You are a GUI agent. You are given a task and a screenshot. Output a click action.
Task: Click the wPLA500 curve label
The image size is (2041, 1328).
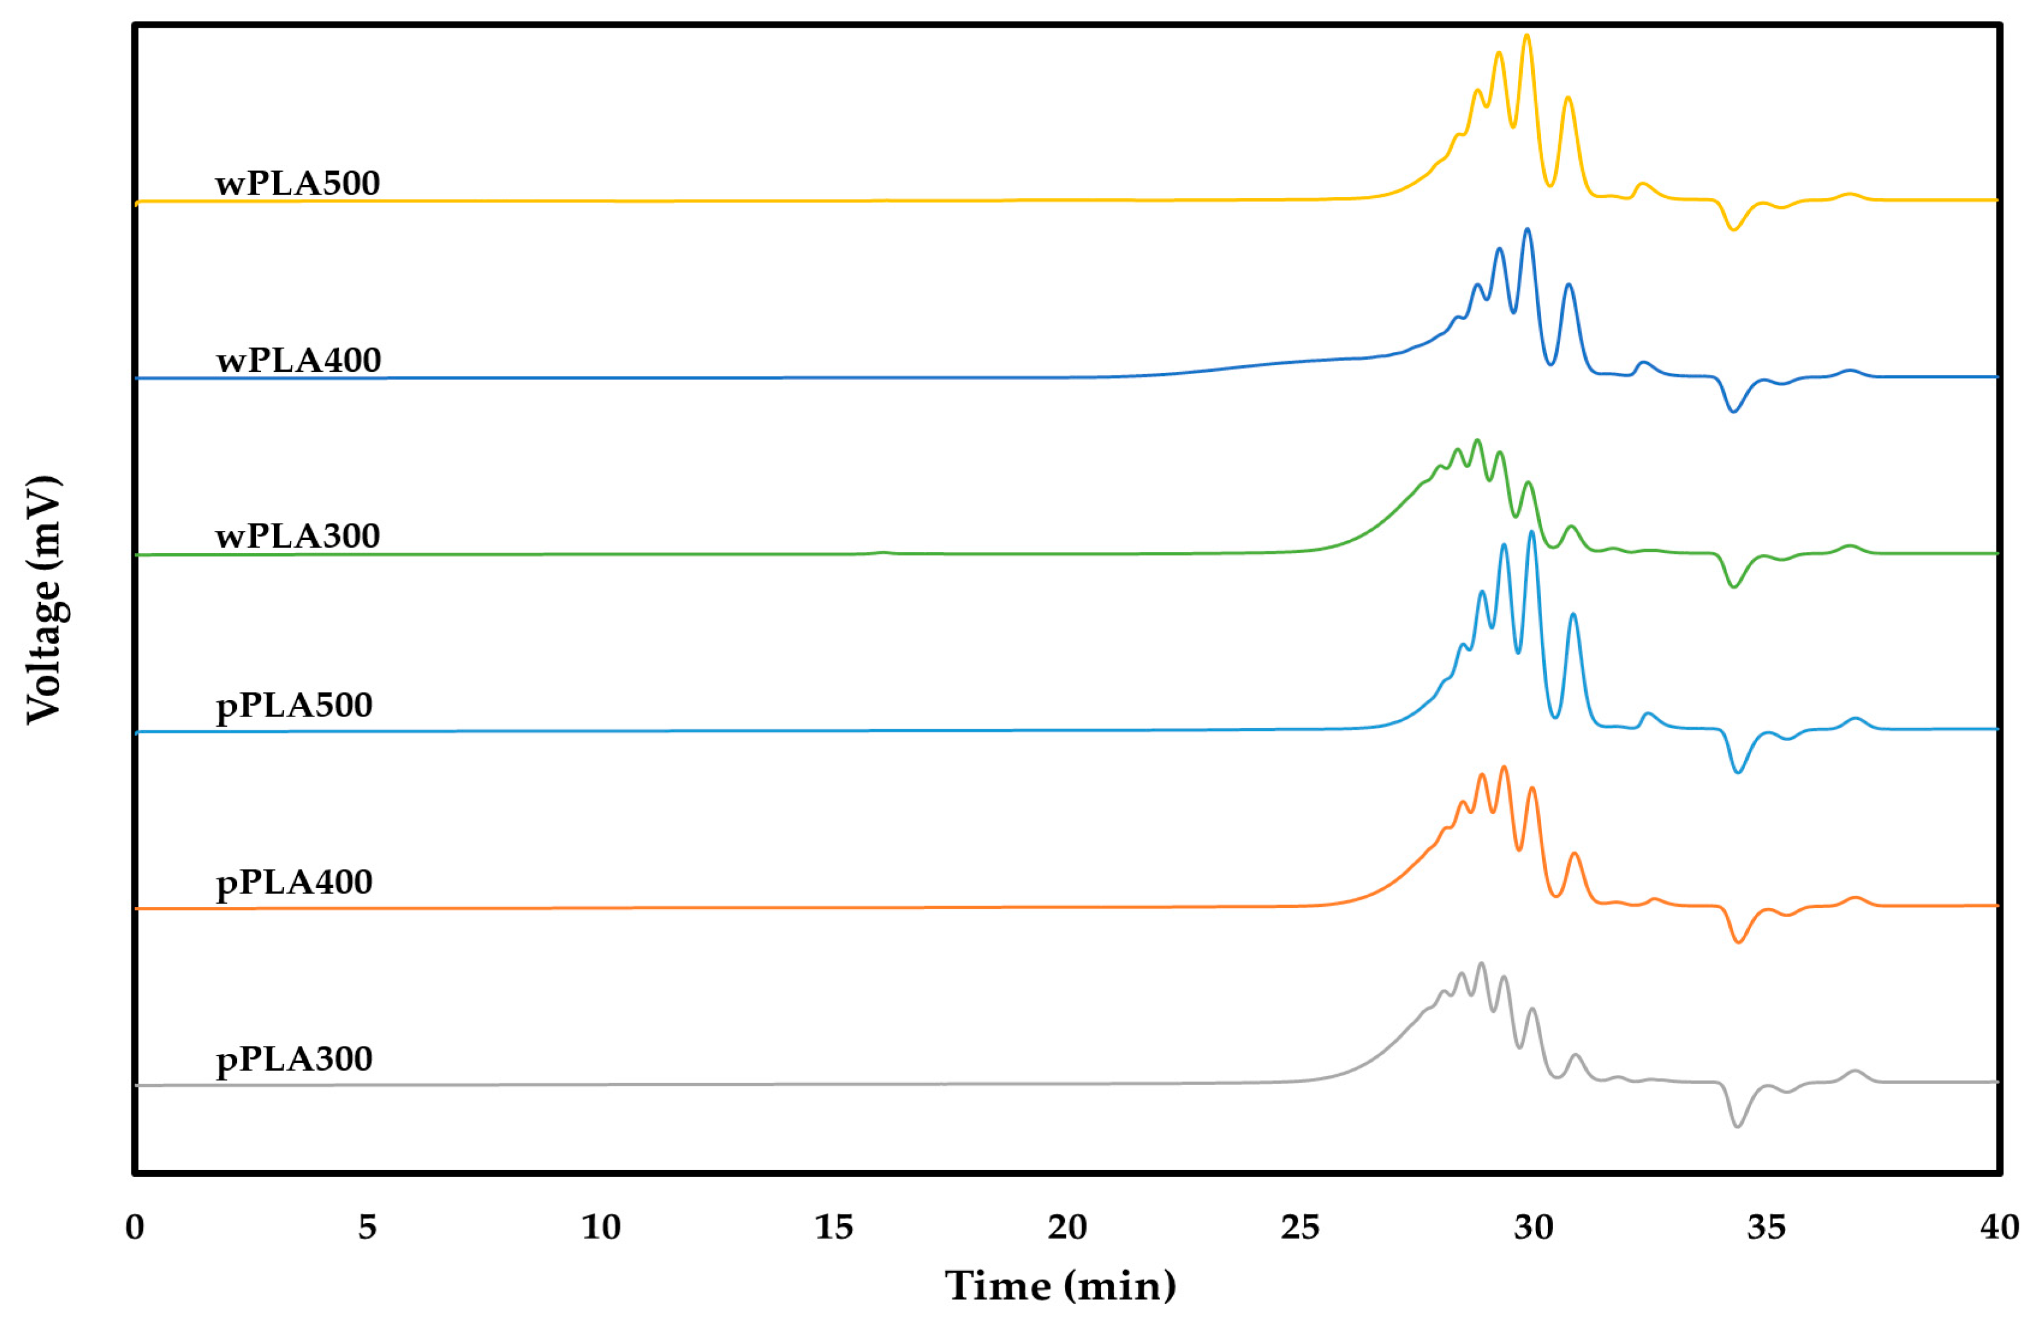point(298,183)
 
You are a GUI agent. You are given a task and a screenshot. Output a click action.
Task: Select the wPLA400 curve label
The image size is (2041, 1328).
point(298,360)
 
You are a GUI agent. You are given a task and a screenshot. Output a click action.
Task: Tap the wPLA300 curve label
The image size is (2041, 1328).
point(298,536)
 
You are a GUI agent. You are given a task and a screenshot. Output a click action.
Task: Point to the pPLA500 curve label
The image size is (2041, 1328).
point(294,706)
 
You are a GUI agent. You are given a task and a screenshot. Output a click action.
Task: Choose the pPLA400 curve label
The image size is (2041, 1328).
point(294,882)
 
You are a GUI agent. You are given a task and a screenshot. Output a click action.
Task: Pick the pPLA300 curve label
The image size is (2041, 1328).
point(294,1059)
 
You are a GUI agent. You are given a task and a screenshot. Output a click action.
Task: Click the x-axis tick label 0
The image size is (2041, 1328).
point(134,1228)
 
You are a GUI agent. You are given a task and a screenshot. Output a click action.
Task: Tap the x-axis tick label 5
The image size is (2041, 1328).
point(367,1228)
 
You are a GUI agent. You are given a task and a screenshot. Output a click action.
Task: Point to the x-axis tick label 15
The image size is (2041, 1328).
point(833,1228)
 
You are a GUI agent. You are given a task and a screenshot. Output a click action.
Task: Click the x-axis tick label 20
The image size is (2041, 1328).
point(1067,1228)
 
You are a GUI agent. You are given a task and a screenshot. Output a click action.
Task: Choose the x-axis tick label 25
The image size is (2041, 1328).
point(1300,1228)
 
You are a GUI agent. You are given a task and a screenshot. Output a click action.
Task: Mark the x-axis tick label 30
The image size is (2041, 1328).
point(1534,1228)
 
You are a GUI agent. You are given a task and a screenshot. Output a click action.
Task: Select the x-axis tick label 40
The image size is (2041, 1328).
point(1999,1228)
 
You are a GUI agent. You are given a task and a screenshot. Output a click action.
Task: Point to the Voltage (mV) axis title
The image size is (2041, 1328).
point(45,600)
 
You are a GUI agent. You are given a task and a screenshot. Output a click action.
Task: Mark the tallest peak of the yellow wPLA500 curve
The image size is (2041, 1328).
point(1526,36)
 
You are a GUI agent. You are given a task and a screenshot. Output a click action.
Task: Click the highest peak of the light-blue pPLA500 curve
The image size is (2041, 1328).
point(1532,533)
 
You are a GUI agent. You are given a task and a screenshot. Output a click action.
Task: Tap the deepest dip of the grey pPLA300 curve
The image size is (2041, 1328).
point(1737,1126)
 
